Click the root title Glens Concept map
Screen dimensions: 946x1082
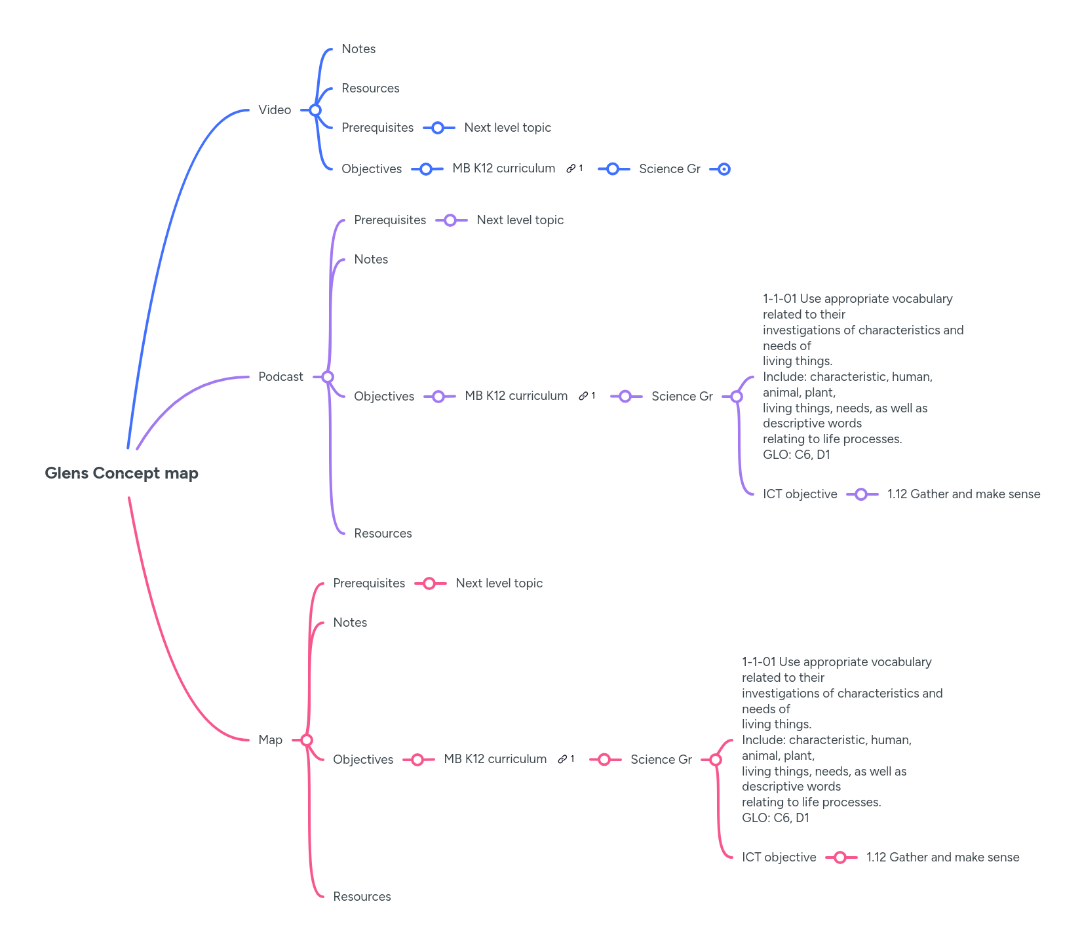tap(121, 473)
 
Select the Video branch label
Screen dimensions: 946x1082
tap(275, 110)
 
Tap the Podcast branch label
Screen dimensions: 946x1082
tap(280, 377)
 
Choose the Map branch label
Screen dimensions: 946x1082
tap(270, 740)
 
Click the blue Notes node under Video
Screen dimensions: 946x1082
tap(358, 49)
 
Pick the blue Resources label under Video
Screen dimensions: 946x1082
tap(370, 89)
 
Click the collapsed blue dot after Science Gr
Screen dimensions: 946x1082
tap(724, 169)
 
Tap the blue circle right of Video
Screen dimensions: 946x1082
tap(315, 110)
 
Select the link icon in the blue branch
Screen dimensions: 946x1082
tap(571, 168)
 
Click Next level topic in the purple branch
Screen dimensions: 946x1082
tap(520, 220)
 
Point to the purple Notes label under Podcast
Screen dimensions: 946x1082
tap(371, 260)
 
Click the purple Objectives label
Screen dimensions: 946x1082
tap(384, 397)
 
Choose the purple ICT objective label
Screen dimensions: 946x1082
tap(800, 494)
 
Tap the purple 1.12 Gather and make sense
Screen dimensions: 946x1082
tap(963, 494)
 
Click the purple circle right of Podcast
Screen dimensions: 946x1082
tap(328, 377)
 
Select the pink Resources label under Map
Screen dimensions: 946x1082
tap(362, 897)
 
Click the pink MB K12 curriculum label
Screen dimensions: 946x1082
tap(495, 759)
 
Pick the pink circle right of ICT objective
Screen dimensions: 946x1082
tap(840, 857)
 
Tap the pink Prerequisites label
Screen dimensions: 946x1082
tap(369, 583)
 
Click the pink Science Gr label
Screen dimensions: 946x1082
tap(661, 760)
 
